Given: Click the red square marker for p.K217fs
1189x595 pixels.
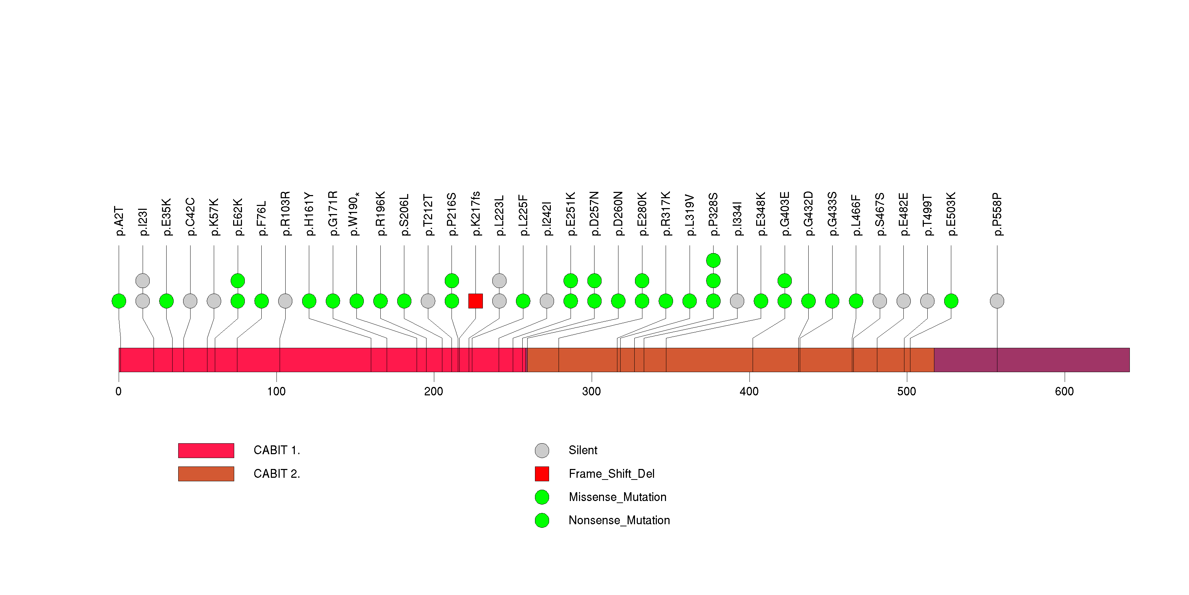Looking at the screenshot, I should pos(475,301).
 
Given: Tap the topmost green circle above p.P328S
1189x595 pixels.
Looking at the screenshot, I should pos(713,260).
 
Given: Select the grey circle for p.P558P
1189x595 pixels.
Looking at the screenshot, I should pos(997,301).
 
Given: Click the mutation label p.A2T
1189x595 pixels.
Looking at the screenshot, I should pos(119,221).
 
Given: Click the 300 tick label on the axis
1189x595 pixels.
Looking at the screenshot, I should pos(591,392).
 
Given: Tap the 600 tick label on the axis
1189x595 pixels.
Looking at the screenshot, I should pos(1064,392).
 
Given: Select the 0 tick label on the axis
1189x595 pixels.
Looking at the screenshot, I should pos(119,392).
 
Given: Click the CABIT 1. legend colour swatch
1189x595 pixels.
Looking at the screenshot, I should pos(206,450).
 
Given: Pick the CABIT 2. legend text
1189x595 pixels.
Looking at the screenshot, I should pos(276,474).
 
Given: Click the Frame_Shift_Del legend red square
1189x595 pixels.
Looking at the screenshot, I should pos(542,474).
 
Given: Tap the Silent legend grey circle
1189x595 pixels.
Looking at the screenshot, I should pos(542,450).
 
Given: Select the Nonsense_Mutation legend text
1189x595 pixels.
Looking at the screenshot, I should pos(619,520).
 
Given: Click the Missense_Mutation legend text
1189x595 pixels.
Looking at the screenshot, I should pos(618,497).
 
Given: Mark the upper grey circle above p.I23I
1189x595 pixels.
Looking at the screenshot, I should pos(143,281).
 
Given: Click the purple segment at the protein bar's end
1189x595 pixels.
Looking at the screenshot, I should pos(1032,360).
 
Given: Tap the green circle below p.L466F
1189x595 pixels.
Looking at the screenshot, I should pos(856,301).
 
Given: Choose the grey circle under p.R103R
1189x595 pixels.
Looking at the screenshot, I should pos(285,301).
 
